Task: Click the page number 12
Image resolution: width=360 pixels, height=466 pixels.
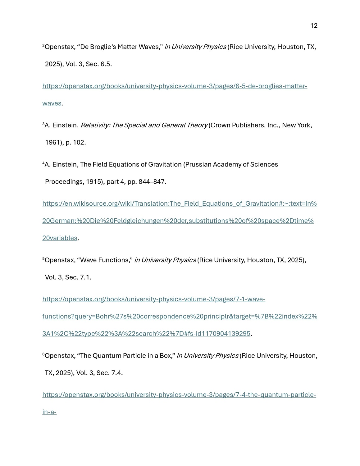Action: pyautogui.click(x=314, y=26)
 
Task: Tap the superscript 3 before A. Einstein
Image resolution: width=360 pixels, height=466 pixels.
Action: pyautogui.click(x=43, y=124)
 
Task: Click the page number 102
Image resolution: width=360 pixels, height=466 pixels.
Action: pyautogui.click(x=79, y=143)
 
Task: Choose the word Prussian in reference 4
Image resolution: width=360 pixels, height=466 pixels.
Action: pyautogui.click(x=198, y=164)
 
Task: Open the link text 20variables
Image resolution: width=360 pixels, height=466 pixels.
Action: pyautogui.click(x=60, y=238)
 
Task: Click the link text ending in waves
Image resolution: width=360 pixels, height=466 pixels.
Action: pyautogui.click(x=52, y=103)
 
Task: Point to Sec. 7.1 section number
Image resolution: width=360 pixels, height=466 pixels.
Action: pyautogui.click(x=85, y=277)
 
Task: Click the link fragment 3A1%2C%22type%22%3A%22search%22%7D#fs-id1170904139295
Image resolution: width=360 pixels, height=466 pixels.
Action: pyautogui.click(x=146, y=334)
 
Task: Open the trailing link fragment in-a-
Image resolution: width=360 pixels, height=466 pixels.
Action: pyautogui.click(x=49, y=412)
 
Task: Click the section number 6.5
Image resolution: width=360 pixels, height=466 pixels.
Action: pyautogui.click(x=106, y=64)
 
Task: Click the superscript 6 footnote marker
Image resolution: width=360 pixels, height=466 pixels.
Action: pyautogui.click(x=43, y=354)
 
